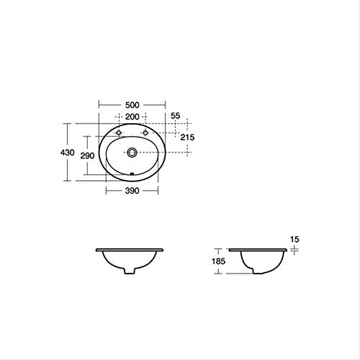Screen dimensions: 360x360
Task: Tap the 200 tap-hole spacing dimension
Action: [x=132, y=117]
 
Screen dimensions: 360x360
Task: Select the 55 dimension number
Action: [x=175, y=115]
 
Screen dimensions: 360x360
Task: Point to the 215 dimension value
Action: [x=186, y=138]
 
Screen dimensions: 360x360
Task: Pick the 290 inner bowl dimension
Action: [x=87, y=156]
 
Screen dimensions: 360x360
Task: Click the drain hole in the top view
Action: [x=132, y=152]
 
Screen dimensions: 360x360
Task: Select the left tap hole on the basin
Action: [x=118, y=133]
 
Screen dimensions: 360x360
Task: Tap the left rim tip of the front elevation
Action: [x=96, y=250]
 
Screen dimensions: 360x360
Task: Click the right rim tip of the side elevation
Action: [x=289, y=250]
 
